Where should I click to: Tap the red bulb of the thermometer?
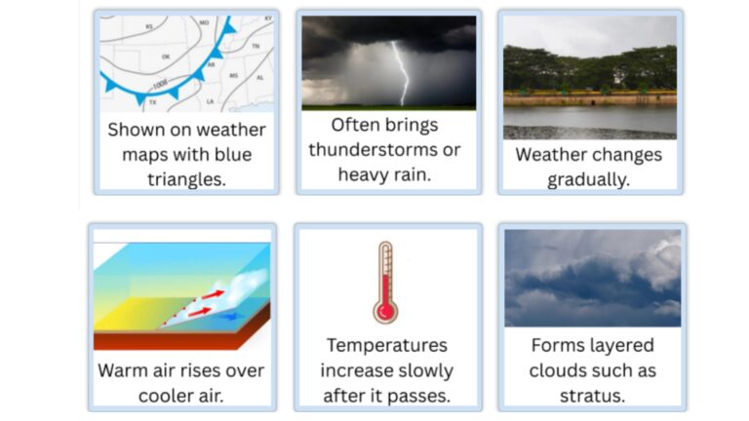[x=386, y=311]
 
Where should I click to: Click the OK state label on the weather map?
[x=167, y=57]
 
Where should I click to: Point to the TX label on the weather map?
[x=152, y=101]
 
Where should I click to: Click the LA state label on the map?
[x=210, y=100]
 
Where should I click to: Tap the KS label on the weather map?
[x=150, y=26]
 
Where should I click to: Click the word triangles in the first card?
[x=186, y=178]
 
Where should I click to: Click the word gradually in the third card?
[x=589, y=179]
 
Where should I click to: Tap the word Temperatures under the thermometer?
[x=387, y=345]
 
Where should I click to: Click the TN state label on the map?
[x=256, y=46]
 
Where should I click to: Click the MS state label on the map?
[x=233, y=75]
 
